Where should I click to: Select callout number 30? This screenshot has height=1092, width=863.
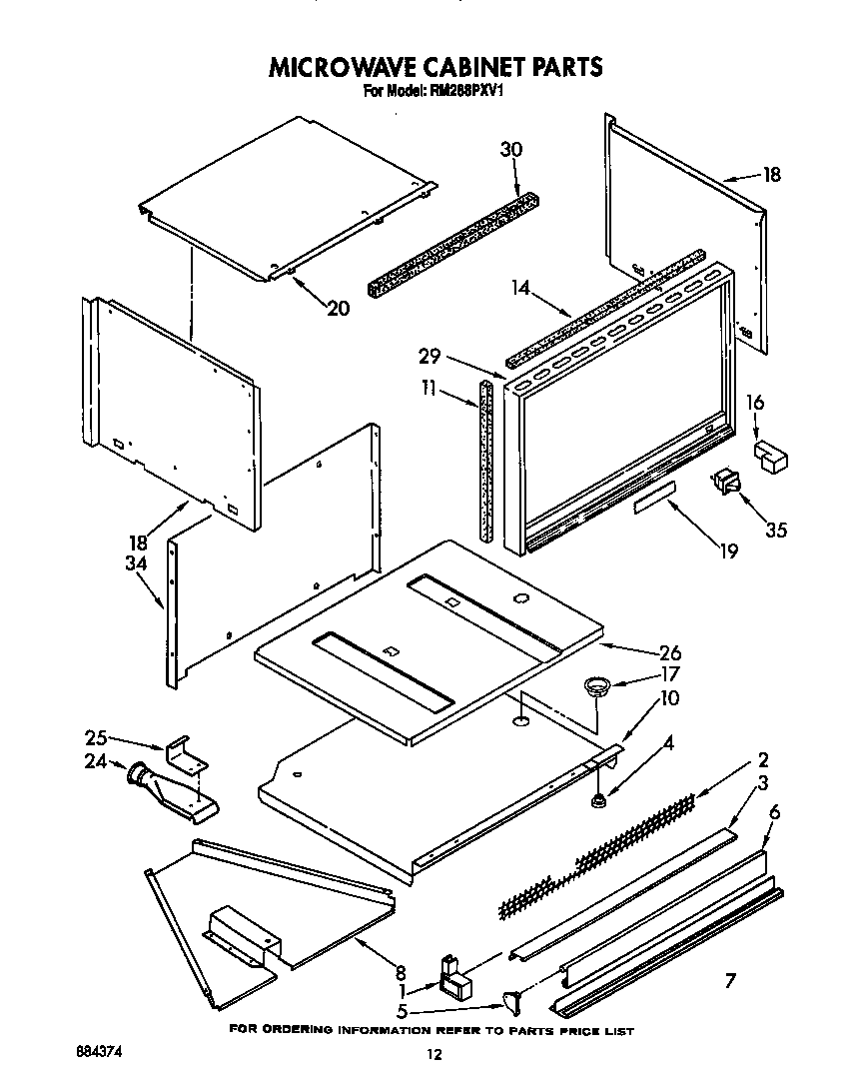(x=511, y=150)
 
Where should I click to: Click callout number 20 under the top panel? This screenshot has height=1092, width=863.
(x=338, y=308)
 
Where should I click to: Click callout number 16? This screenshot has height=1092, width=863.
(x=755, y=403)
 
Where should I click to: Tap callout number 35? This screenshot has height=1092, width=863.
(x=774, y=529)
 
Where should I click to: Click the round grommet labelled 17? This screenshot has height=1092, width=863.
(x=596, y=685)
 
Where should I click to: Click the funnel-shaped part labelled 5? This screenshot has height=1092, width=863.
(x=515, y=999)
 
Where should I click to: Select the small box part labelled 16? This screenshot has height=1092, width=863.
(x=770, y=455)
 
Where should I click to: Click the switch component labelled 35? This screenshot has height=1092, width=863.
(x=725, y=484)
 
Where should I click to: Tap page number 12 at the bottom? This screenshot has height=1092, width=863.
(x=432, y=1053)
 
